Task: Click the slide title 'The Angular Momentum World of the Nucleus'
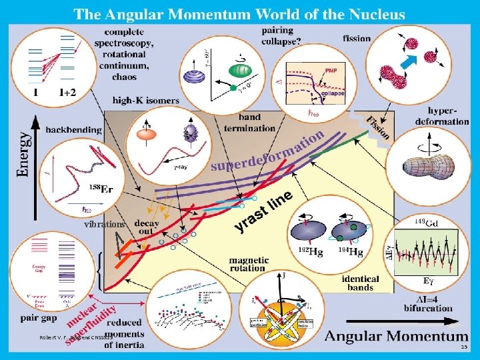click(x=239, y=13)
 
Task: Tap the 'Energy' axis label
click(x=23, y=154)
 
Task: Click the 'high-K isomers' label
click(x=145, y=100)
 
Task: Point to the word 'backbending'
click(x=74, y=129)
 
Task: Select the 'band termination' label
click(x=241, y=123)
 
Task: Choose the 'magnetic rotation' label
click(x=249, y=265)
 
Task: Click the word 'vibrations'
click(x=104, y=225)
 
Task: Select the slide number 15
click(x=464, y=347)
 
